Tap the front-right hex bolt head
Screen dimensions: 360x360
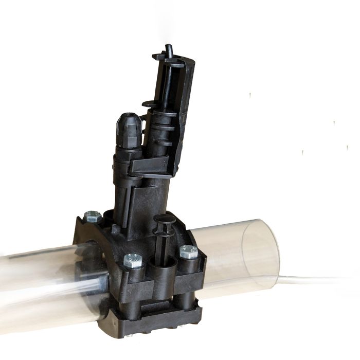tap(189, 251)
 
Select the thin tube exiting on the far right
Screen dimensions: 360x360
tap(319, 280)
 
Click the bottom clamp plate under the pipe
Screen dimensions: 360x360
tap(159, 324)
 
